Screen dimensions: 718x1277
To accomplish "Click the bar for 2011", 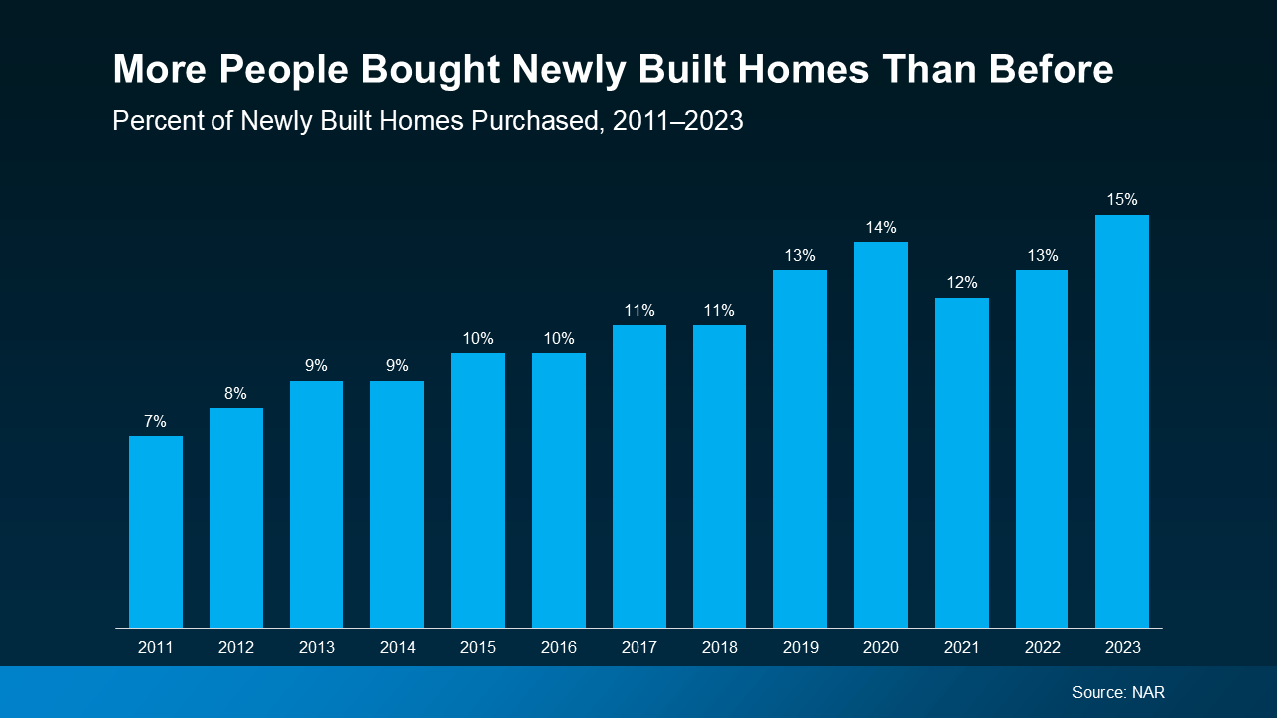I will [x=156, y=532].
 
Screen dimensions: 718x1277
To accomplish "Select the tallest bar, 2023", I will [x=1122, y=422].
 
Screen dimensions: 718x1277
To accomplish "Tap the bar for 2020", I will [x=881, y=435].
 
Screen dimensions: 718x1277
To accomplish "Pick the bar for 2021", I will [x=962, y=463].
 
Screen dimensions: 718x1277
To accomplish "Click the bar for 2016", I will [x=559, y=491].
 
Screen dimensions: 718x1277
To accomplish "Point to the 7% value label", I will [x=155, y=421].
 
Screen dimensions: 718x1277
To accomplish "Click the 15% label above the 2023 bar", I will [x=1122, y=200].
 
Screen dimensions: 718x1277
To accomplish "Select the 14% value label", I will [x=881, y=227].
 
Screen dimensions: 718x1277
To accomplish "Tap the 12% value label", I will [x=962, y=283].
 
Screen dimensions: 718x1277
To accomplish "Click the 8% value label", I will [x=235, y=393].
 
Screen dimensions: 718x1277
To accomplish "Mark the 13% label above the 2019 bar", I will [x=800, y=255].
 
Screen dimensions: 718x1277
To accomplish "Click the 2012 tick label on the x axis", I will [x=235, y=648].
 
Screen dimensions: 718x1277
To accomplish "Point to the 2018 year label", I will [x=719, y=648].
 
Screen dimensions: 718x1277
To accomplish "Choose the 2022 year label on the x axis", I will [x=1042, y=648].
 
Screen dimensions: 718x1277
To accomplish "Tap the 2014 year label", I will [x=397, y=648].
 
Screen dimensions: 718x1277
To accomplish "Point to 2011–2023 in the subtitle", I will [x=678, y=121].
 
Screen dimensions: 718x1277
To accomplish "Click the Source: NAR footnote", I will [x=1118, y=692].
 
